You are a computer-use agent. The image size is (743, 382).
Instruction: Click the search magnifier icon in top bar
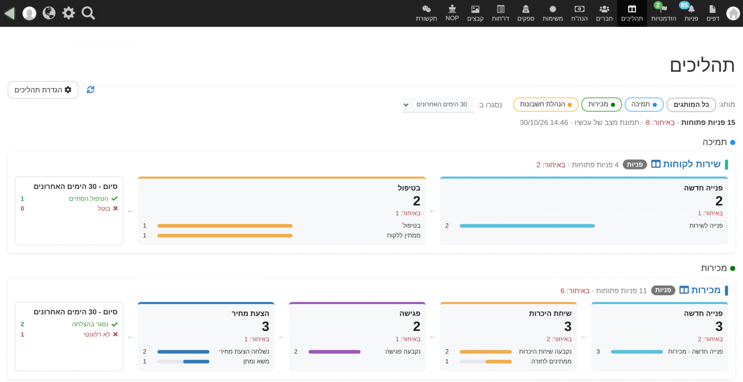tap(88, 13)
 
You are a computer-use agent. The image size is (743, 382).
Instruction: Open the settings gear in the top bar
tap(69, 13)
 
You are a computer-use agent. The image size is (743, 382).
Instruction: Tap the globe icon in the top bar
tap(49, 13)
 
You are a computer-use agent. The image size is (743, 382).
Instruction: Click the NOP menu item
tap(452, 13)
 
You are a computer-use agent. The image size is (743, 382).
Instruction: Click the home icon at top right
tap(733, 14)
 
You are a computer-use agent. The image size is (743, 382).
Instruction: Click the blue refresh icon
tap(91, 90)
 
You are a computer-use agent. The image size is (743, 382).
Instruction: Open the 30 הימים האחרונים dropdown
tap(438, 104)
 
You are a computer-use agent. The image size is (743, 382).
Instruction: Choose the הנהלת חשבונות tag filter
tap(546, 104)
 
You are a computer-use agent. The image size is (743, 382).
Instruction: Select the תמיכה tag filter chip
tap(644, 104)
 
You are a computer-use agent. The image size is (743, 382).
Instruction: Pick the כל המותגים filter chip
tap(691, 104)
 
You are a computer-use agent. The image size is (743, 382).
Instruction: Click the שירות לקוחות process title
tap(692, 164)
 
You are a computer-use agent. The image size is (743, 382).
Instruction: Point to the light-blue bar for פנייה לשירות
tap(527, 226)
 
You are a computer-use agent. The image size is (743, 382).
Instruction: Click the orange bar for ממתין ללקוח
tap(225, 235)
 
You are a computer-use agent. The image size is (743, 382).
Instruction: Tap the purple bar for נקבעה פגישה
tap(334, 352)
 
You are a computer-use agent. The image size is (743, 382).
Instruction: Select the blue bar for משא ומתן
tap(196, 362)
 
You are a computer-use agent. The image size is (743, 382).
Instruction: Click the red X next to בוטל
tap(115, 208)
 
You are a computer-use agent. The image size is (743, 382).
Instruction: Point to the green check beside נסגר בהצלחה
tap(115, 324)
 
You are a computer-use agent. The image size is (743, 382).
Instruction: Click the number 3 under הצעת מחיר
tap(265, 327)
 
